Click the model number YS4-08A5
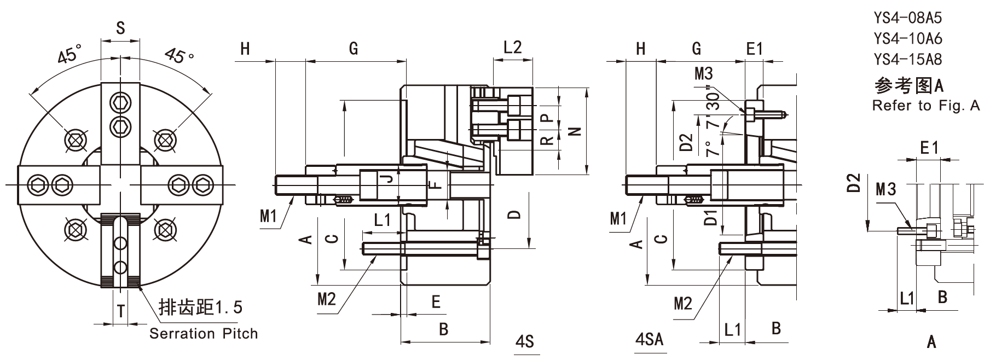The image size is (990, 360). pos(908,18)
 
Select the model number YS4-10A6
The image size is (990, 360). pos(908,38)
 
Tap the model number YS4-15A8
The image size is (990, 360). pos(908,59)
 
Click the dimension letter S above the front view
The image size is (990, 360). pos(120,28)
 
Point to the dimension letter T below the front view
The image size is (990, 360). pos(121,311)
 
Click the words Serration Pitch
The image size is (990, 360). pos(204,333)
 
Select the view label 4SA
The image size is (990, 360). pos(650,339)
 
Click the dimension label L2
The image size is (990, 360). pos(512,47)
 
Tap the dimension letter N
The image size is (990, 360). pos(575,131)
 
